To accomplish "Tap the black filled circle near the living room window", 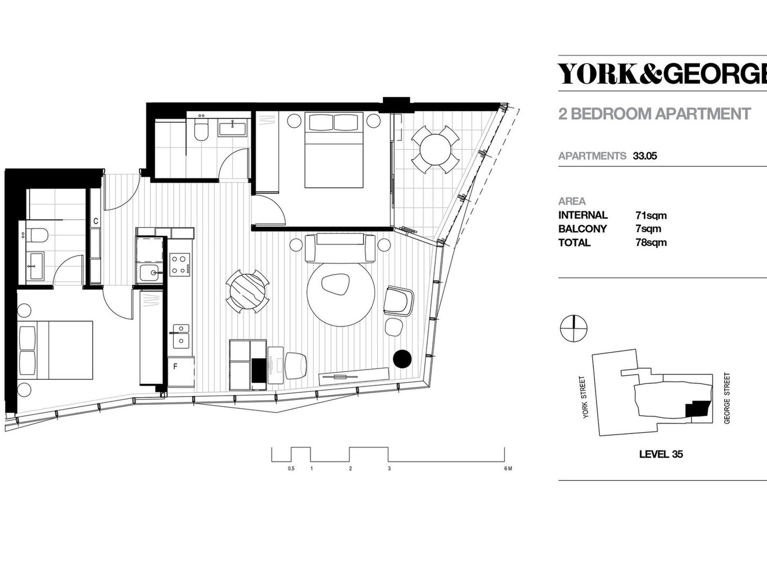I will coord(402,359).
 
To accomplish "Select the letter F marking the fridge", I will coord(175,367).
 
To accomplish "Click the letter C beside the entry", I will coord(96,221).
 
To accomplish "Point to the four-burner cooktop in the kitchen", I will coord(180,264).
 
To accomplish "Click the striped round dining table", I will coord(247,291).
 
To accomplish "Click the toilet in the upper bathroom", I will coord(201,130).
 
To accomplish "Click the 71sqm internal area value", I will coord(651,215).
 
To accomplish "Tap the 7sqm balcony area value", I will coord(648,229).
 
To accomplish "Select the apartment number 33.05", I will coord(645,156).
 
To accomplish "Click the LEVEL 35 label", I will coord(661,454).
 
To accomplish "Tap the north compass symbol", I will coord(573,328).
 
